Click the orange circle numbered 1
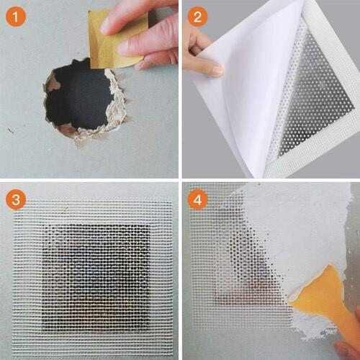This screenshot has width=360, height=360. [x=16, y=17]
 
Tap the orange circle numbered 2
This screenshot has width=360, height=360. [x=197, y=17]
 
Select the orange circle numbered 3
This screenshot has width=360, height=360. [x=16, y=199]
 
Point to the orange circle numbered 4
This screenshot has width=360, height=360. [x=197, y=199]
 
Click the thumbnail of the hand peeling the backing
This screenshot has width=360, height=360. [x=218, y=70]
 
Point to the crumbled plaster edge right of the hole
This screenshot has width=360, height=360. [x=117, y=106]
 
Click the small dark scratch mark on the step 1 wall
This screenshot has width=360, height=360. [x=11, y=130]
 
